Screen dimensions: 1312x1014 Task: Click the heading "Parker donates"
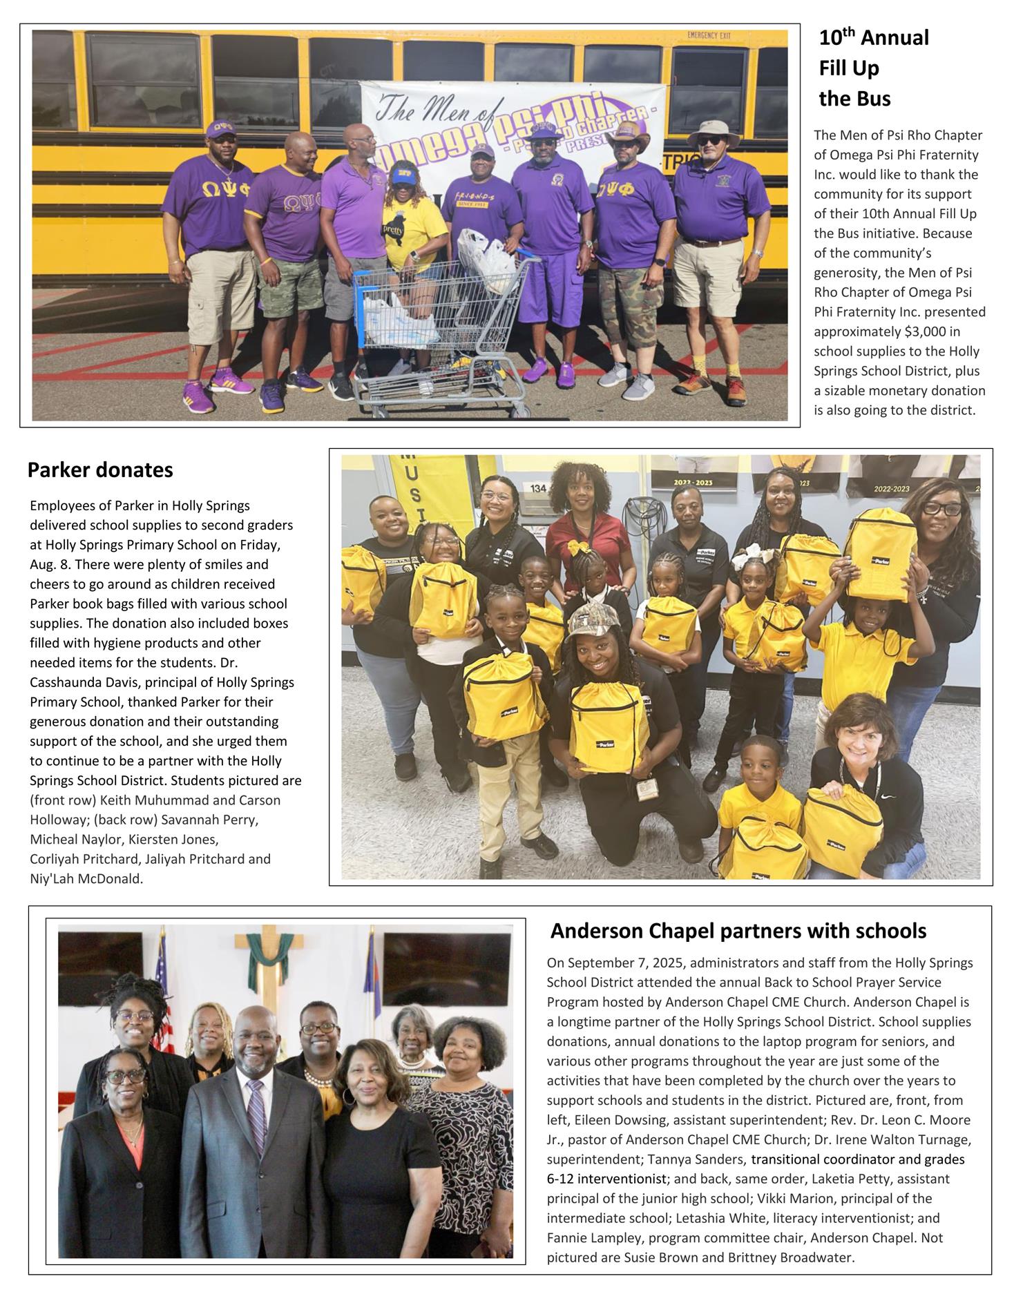(x=100, y=470)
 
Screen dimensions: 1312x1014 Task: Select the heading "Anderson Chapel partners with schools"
(x=738, y=931)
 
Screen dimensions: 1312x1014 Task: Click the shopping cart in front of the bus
(x=442, y=325)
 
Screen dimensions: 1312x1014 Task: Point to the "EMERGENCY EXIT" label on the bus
(x=709, y=35)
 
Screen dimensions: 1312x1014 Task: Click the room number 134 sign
(x=538, y=489)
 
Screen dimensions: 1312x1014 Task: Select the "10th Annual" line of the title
(x=874, y=38)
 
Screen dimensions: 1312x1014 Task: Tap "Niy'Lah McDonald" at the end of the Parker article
(x=86, y=879)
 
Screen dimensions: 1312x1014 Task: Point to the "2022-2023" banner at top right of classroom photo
(x=892, y=489)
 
